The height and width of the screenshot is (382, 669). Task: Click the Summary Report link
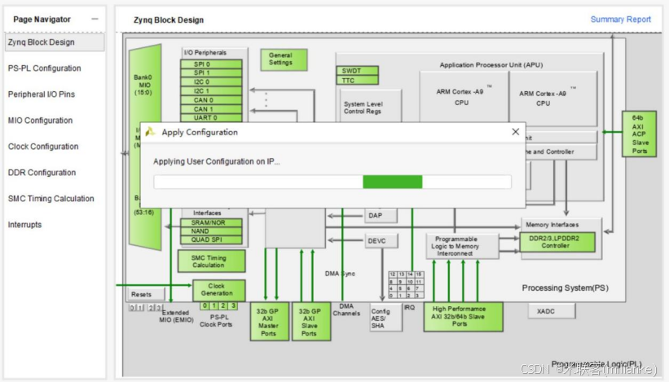(620, 20)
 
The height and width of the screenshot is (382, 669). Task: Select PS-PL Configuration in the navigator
(45, 68)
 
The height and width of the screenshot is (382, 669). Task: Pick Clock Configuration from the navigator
(43, 147)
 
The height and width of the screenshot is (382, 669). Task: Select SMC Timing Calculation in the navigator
(51, 199)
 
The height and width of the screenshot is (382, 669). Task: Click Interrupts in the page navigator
(24, 225)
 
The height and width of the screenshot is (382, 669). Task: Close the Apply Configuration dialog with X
(515, 131)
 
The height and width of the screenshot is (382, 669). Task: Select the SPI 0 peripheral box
(212, 64)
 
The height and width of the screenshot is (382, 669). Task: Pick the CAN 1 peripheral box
(212, 108)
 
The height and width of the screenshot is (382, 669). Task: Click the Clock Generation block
(218, 290)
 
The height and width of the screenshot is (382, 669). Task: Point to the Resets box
(142, 294)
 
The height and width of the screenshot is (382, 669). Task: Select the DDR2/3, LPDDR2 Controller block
(558, 242)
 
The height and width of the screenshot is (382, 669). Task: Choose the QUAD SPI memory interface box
(212, 239)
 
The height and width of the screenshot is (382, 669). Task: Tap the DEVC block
(376, 241)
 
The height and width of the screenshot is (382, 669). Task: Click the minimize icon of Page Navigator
(95, 19)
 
